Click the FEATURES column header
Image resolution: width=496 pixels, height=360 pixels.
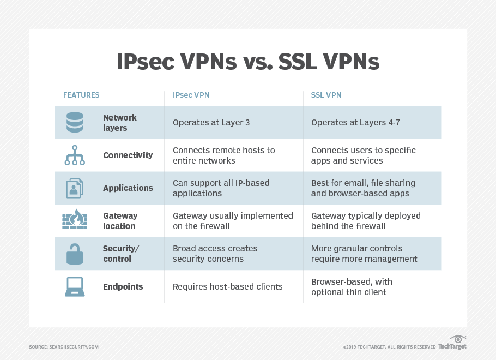click(81, 95)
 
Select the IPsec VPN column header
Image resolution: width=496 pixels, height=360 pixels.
click(191, 95)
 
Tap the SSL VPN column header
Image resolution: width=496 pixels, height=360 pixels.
click(326, 95)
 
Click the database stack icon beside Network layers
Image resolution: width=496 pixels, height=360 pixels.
click(75, 123)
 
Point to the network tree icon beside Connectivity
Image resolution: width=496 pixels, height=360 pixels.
click(75, 155)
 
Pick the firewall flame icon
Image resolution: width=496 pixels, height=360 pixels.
click(75, 220)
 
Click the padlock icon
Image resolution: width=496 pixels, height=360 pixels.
click(75, 253)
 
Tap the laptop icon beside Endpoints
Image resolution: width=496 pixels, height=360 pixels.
click(75, 286)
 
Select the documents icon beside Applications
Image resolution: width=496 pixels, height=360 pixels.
click(75, 188)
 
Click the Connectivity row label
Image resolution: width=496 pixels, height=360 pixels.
click(128, 155)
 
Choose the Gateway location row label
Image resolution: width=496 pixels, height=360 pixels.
click(120, 221)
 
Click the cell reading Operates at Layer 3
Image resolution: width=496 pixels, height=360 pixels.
click(211, 123)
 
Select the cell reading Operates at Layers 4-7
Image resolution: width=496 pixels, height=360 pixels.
click(355, 123)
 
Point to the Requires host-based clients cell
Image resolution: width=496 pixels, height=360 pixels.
click(227, 286)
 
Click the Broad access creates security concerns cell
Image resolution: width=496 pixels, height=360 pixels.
click(215, 254)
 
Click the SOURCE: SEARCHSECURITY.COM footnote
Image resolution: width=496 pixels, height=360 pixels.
click(64, 347)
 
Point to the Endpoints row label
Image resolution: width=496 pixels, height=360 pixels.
click(123, 286)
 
